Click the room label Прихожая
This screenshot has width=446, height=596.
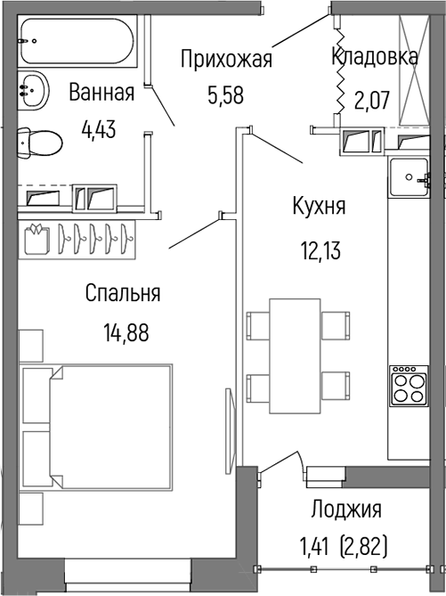pos(225,61)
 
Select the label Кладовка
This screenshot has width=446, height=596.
pos(374,57)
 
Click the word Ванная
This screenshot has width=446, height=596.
pos(101,93)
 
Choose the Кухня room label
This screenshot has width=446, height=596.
pos(319,207)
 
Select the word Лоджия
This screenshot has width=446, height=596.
pos(346,510)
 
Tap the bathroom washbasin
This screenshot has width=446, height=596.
pos(35,89)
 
